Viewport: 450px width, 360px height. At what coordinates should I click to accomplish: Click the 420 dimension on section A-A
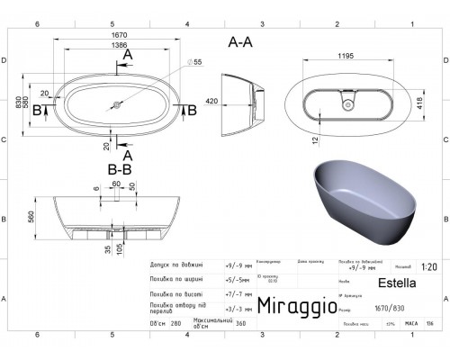pos(211,101)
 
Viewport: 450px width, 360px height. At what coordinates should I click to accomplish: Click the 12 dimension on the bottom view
pos(317,139)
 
